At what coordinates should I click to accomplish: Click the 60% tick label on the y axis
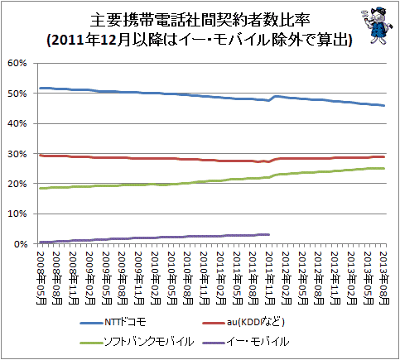[17, 63]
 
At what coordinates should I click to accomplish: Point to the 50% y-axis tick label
[17, 94]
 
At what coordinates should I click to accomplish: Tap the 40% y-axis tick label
[17, 123]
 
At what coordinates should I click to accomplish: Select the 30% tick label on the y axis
[17, 154]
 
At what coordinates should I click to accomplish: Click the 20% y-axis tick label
[17, 184]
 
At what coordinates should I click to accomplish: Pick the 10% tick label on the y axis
[17, 214]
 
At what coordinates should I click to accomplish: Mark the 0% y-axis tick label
[20, 244]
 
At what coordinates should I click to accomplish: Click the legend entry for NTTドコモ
[113, 322]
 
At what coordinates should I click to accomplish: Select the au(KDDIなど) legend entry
[243, 322]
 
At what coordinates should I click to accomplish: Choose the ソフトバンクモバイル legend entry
[137, 342]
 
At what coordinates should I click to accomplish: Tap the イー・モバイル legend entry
[245, 342]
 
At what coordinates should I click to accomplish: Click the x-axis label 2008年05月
[41, 278]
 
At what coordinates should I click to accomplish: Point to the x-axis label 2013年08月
[384, 278]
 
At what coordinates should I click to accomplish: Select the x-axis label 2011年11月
[270, 278]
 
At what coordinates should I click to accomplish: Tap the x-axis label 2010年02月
[156, 278]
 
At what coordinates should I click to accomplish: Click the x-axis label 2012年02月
[287, 278]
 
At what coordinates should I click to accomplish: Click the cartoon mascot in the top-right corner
[377, 26]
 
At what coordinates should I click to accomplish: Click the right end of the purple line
[269, 234]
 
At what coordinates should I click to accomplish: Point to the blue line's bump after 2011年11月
[276, 97]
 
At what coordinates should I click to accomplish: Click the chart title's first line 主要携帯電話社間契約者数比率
[200, 20]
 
